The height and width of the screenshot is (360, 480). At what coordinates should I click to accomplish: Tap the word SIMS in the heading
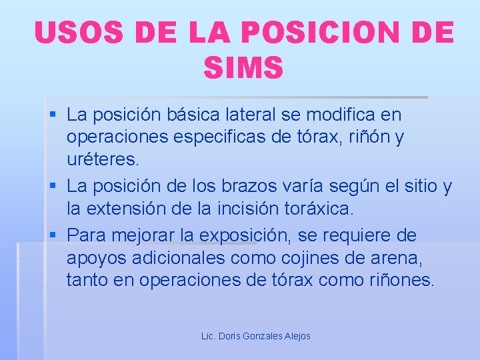point(243,67)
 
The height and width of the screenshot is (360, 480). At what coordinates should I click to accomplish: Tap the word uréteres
point(103,160)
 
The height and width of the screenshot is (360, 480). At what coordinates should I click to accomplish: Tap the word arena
point(404,258)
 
